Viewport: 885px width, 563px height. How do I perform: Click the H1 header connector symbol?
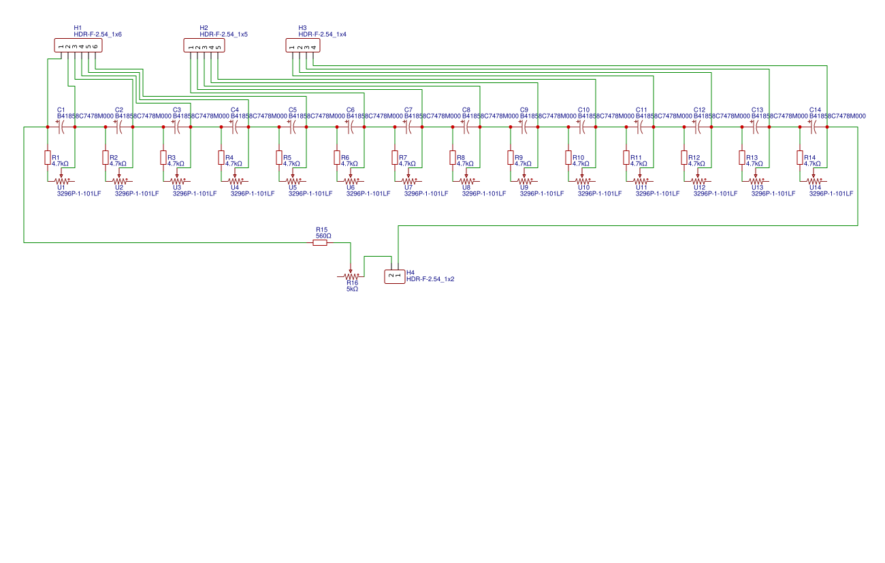[x=78, y=46]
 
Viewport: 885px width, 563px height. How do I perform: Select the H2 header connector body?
[x=204, y=46]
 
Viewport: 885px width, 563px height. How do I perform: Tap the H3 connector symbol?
[x=302, y=46]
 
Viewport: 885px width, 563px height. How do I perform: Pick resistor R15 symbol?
[x=320, y=242]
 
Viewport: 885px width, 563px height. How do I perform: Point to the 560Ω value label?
[x=323, y=236]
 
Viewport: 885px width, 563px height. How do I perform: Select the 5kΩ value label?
[x=352, y=289]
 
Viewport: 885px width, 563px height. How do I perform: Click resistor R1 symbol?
[x=47, y=157]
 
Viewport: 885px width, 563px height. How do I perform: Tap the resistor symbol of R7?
[x=394, y=157]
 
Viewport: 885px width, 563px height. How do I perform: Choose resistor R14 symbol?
[x=799, y=157]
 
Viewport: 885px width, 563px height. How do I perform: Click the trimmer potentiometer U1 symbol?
[x=62, y=181]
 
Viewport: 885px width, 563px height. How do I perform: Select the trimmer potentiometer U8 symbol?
[x=467, y=181]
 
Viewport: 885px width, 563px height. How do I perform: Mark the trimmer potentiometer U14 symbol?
[x=814, y=181]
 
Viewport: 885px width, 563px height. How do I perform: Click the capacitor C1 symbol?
[x=61, y=127]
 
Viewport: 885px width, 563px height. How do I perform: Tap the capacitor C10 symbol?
[x=582, y=127]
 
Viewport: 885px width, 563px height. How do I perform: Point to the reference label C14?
[x=815, y=110]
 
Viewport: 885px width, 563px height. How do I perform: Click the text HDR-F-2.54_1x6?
[x=97, y=34]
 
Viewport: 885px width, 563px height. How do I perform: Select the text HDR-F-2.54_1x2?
[x=430, y=279]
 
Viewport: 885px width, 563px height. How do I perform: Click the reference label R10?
[x=578, y=157]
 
